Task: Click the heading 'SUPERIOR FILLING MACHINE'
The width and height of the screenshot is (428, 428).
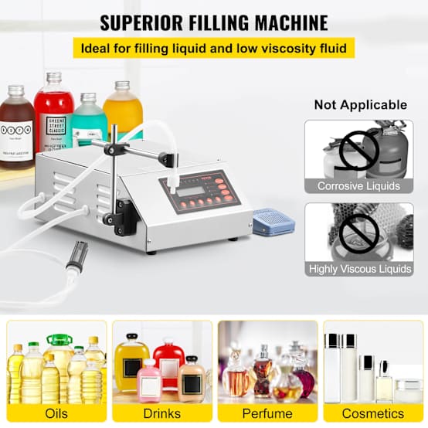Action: pyautogui.click(x=214, y=22)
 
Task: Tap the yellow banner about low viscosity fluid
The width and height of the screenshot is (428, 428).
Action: pyautogui.click(x=214, y=48)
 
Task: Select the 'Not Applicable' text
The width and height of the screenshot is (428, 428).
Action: pyautogui.click(x=360, y=104)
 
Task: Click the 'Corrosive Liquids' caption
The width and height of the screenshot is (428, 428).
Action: pyautogui.click(x=358, y=186)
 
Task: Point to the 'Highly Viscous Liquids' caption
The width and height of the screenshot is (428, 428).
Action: pyautogui.click(x=358, y=269)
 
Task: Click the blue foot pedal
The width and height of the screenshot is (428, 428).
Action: pyautogui.click(x=273, y=222)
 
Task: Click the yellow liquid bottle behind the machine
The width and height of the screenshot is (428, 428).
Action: pyautogui.click(x=123, y=110)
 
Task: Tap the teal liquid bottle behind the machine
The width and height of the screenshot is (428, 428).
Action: pyautogui.click(x=89, y=121)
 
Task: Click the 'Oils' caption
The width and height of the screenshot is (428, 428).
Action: pyautogui.click(x=56, y=413)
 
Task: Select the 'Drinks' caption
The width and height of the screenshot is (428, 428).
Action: pyautogui.click(x=161, y=413)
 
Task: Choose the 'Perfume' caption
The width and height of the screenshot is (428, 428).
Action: pyautogui.click(x=267, y=413)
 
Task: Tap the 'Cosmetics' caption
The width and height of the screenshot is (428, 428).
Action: pyautogui.click(x=373, y=413)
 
